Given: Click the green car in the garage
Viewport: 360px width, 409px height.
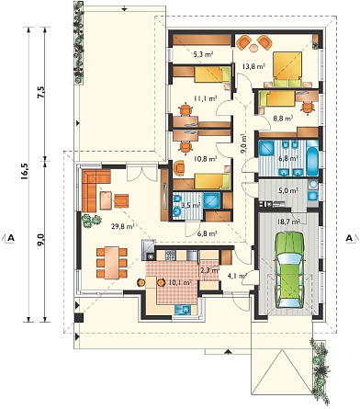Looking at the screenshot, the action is [289, 270].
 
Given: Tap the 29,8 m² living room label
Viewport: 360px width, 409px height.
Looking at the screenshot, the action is [123, 227].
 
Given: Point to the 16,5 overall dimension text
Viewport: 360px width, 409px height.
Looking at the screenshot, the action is [25, 171].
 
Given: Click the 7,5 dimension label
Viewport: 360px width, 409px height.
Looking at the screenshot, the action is [41, 92].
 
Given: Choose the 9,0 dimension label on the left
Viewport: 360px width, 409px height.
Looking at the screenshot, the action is [41, 239].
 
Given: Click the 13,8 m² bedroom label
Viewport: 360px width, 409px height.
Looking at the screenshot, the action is [253, 65].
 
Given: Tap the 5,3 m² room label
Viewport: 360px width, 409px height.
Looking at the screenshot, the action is [203, 54].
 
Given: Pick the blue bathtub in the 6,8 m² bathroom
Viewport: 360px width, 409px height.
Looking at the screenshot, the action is [312, 157].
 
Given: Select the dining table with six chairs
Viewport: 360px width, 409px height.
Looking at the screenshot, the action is [111, 263].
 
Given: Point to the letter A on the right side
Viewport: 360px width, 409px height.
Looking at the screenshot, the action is [349, 238].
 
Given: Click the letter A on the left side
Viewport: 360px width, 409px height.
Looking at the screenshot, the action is [11, 238].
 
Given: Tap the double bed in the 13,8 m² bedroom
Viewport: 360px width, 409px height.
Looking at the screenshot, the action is [287, 70].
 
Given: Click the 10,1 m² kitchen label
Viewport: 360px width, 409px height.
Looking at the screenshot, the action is [180, 282].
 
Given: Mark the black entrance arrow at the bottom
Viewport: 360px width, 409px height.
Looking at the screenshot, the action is [227, 352].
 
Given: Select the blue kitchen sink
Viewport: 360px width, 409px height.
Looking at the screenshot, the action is [183, 310].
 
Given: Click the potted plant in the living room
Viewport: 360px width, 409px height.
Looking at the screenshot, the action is [91, 221].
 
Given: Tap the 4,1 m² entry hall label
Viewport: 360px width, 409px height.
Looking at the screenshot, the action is [237, 276].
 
